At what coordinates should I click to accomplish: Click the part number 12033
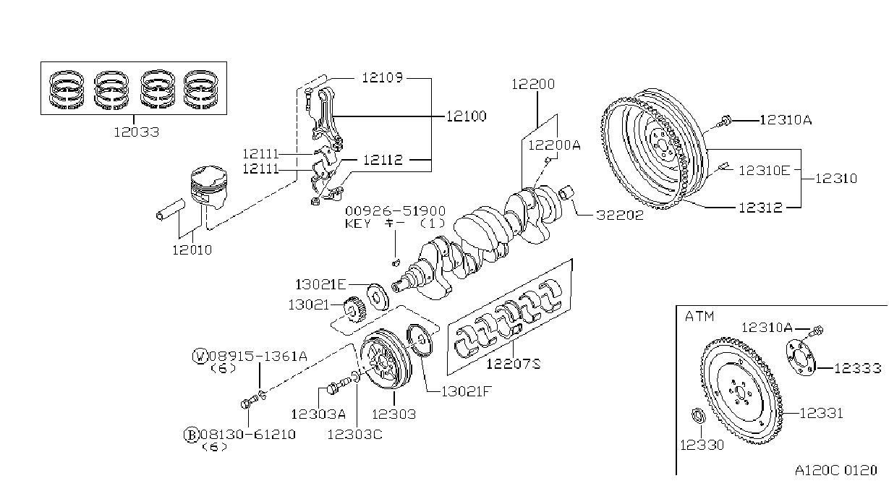(x=137, y=132)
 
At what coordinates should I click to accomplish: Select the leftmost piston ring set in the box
(x=67, y=90)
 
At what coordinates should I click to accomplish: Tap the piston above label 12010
(x=209, y=187)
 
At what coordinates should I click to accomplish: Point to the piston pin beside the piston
(x=171, y=210)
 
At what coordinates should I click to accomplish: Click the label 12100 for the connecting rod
(x=467, y=116)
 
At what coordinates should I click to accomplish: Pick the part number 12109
(x=382, y=77)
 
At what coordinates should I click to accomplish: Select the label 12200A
(x=554, y=145)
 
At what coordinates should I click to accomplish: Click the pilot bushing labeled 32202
(x=566, y=192)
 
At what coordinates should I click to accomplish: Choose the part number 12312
(x=760, y=208)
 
